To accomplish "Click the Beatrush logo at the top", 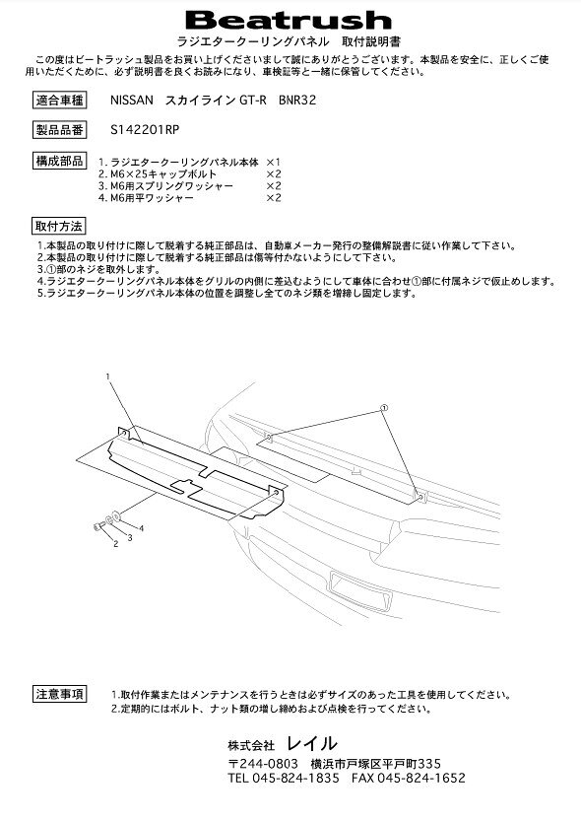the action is click(289, 21).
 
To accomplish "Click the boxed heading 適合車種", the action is click(59, 101).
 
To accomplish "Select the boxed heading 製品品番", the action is click(59, 129).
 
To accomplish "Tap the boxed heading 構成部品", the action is click(59, 161).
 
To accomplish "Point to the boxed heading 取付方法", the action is click(59, 227).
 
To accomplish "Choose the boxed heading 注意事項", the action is click(59, 695).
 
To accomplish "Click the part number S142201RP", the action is click(145, 129).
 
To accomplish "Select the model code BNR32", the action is click(297, 101).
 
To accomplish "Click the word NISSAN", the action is click(132, 101).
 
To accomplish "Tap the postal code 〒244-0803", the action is click(263, 763).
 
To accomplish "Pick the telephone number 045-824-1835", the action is click(295, 778).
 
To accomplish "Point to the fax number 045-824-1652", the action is click(421, 778).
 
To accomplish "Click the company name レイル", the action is click(312, 743).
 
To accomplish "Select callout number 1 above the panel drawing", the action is click(108, 377).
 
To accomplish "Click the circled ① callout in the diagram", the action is click(383, 407).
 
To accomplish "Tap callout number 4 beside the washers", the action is click(141, 528).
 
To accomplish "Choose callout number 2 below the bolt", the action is click(116, 544).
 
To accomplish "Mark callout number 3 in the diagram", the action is click(129, 538).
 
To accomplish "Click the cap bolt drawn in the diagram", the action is click(97, 526).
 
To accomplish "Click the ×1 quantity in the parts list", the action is click(274, 162).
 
